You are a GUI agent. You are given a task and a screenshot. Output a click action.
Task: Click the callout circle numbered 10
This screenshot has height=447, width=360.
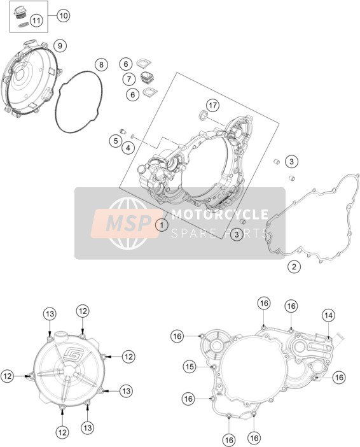(x=63, y=15)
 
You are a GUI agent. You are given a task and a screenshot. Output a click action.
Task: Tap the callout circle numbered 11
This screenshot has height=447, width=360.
(x=36, y=20)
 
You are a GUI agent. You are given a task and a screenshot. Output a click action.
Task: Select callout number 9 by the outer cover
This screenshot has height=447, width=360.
(x=60, y=46)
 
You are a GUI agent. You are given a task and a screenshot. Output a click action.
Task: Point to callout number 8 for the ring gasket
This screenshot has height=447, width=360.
(x=101, y=65)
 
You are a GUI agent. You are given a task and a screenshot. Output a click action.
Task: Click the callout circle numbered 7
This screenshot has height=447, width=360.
(x=129, y=79)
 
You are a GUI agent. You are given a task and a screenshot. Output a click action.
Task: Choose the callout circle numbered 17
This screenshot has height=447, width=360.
(x=212, y=106)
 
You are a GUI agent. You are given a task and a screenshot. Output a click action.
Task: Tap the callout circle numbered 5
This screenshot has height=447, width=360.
(x=116, y=141)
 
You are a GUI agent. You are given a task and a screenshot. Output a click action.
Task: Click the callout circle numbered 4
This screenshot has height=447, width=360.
(x=128, y=148)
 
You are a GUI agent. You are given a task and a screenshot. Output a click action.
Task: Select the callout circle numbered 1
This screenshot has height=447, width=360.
(x=162, y=225)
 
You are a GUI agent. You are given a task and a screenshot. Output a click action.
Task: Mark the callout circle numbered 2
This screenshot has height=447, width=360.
(x=294, y=267)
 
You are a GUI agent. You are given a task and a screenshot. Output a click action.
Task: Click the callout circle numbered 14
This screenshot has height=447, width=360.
(x=328, y=315)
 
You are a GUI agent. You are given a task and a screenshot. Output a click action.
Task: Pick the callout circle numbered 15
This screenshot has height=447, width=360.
(x=190, y=367)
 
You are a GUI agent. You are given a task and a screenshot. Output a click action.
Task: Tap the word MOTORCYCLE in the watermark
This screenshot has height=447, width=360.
(x=219, y=214)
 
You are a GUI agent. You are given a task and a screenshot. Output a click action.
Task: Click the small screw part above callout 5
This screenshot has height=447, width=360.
(x=123, y=131)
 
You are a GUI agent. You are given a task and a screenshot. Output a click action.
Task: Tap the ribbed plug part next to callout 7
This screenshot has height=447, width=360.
(x=148, y=78)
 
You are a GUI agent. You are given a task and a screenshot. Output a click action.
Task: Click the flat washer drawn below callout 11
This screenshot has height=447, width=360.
(x=22, y=25)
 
